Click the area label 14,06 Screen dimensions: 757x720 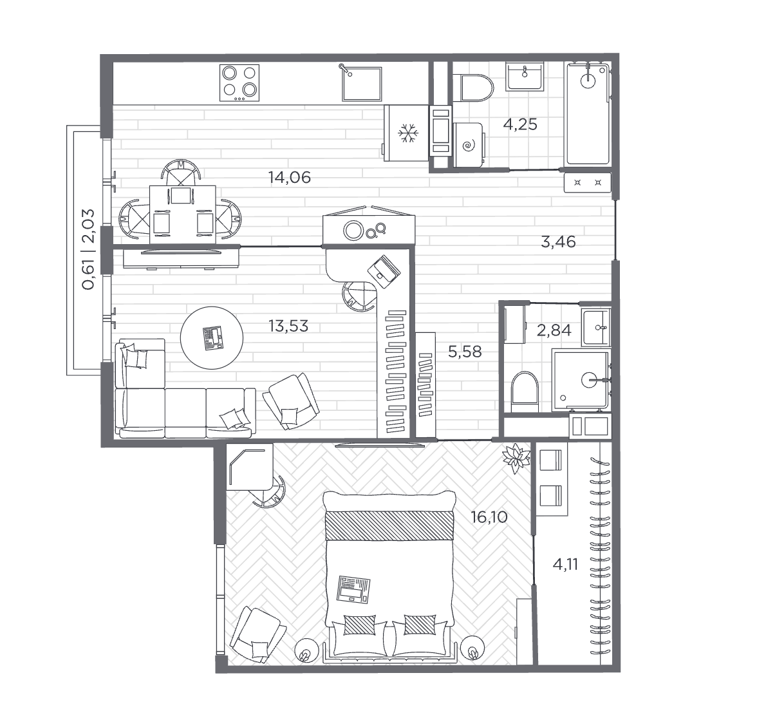290,178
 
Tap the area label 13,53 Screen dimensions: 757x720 288,326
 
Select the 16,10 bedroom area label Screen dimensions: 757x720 489,517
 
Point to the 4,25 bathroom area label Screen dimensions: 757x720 520,124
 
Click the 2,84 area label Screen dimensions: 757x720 554,330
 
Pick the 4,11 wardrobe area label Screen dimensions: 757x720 565,564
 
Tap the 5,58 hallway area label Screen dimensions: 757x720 465,352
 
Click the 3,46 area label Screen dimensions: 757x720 558,242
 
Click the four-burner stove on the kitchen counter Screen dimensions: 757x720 239,82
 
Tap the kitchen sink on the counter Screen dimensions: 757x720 362,84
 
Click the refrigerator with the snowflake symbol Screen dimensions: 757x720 407,133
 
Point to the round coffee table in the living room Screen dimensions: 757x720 211,337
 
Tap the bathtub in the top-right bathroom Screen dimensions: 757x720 588,113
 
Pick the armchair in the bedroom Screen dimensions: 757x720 257,634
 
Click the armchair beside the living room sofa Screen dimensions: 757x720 291,401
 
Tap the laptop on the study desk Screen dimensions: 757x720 384,272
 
